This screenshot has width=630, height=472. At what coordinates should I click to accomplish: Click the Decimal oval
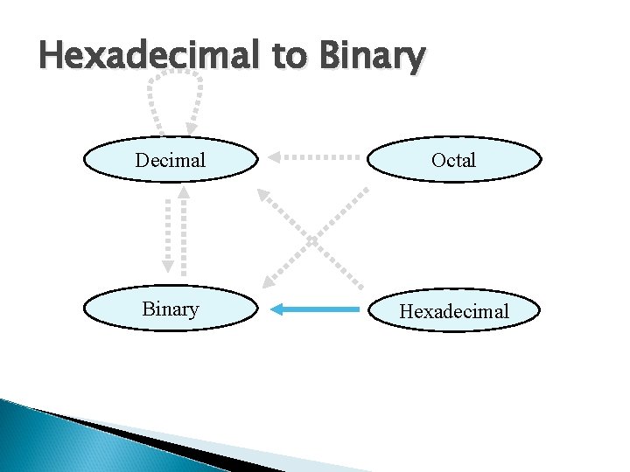click(171, 160)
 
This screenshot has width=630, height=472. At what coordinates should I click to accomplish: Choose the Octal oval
click(453, 160)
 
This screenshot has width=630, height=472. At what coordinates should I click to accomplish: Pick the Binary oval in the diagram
click(171, 309)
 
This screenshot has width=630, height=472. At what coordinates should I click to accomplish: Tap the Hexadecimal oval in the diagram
click(453, 311)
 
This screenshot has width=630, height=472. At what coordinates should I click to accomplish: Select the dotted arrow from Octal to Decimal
click(315, 158)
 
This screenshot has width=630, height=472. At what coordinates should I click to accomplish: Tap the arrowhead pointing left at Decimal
click(276, 158)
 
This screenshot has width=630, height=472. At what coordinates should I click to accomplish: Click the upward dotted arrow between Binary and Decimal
click(184, 232)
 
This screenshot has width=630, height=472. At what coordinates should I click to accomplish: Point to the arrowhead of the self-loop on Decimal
click(191, 128)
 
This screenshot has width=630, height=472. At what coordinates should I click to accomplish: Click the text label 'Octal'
click(453, 160)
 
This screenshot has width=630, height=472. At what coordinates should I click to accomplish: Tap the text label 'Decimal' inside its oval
click(171, 160)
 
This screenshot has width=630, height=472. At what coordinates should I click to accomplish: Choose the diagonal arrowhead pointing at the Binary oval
click(270, 279)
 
